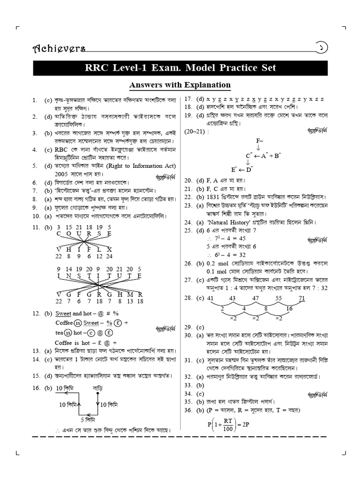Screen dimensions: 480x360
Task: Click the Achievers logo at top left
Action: click(x=59, y=48)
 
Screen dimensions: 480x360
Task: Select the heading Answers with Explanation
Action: click(x=180, y=85)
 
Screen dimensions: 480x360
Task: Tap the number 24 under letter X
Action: click(x=109, y=256)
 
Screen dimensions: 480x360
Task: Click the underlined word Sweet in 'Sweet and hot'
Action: click(x=63, y=313)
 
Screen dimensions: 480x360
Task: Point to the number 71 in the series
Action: click(x=302, y=298)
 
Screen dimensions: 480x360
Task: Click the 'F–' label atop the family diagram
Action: click(x=260, y=141)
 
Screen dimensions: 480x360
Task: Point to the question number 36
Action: click(x=188, y=410)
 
